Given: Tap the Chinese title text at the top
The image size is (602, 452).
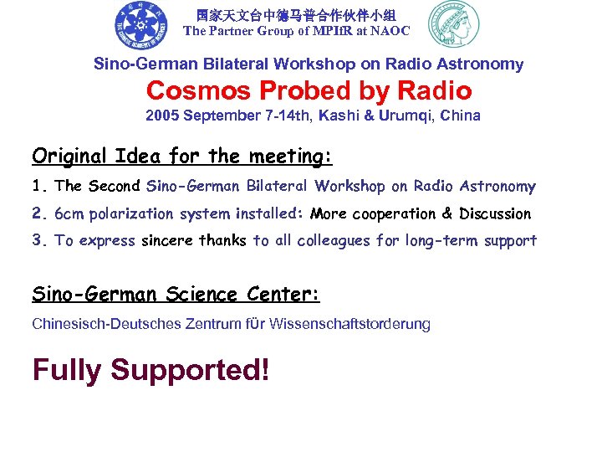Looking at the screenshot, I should click(x=296, y=14).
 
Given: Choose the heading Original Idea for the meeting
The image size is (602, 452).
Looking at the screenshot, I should click(x=182, y=156).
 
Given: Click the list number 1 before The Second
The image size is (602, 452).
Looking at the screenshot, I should click(x=38, y=187).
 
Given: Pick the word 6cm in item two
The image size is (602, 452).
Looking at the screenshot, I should click(x=69, y=213).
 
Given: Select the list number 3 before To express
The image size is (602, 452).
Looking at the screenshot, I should click(x=38, y=241).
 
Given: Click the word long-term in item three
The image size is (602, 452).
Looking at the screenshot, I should click(x=439, y=241).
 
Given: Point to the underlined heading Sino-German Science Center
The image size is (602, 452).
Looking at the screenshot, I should click(x=176, y=294).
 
